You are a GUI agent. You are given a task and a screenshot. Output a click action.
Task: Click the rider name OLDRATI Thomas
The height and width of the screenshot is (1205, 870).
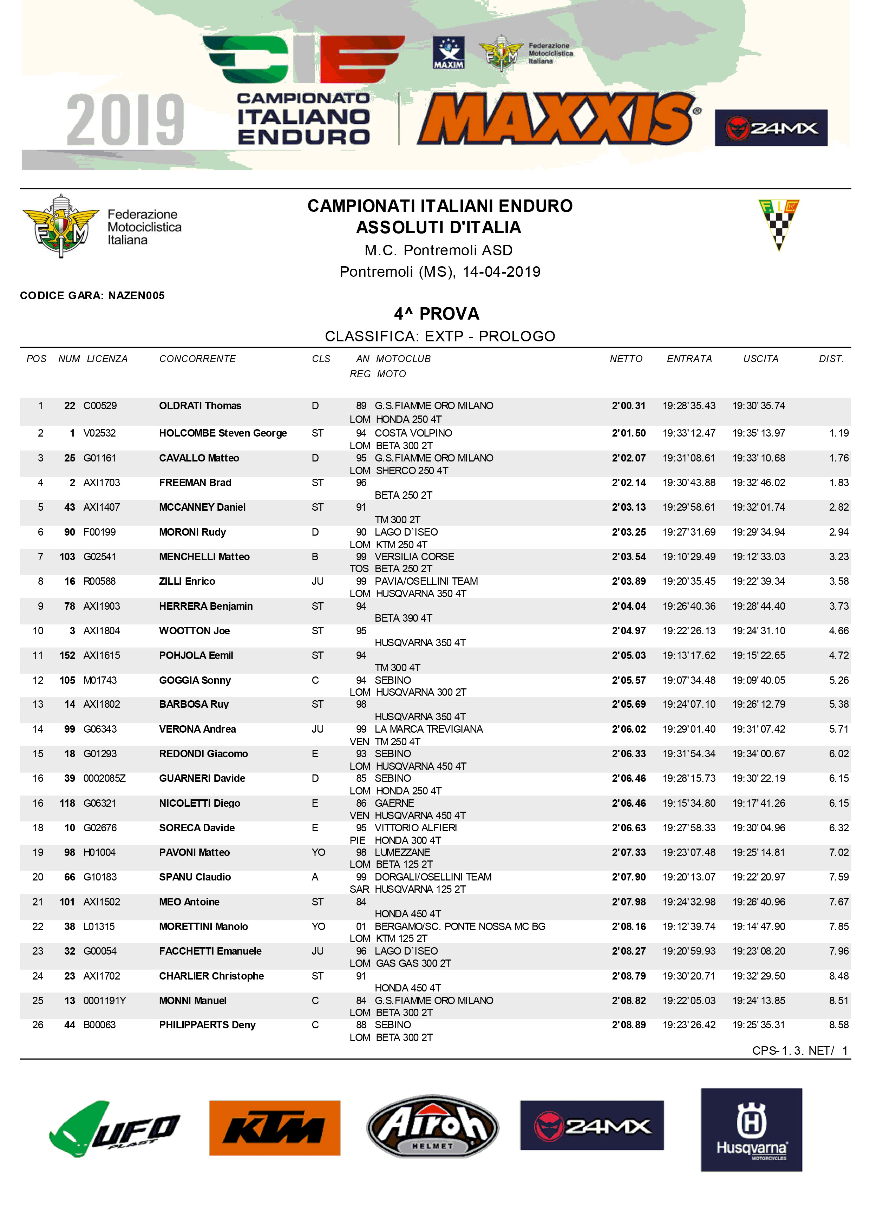(200, 406)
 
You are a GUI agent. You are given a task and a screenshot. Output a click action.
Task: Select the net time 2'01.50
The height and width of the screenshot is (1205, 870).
(628, 433)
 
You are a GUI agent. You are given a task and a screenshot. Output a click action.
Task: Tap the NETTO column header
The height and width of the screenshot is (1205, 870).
(626, 359)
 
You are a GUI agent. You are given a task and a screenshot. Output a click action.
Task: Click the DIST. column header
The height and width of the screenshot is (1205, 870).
(831, 359)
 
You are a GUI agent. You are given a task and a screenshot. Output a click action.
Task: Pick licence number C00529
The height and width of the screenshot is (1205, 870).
(100, 406)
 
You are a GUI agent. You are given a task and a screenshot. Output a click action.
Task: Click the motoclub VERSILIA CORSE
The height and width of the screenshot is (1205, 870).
(414, 557)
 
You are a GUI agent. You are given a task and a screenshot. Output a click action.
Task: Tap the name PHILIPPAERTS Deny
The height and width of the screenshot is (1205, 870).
(207, 1025)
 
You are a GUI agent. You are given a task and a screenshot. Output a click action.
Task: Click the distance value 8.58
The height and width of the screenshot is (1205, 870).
(839, 1025)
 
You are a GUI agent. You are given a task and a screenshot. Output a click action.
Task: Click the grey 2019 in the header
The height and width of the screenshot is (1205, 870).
(125, 120)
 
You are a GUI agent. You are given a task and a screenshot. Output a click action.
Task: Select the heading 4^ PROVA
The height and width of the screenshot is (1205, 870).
(436, 314)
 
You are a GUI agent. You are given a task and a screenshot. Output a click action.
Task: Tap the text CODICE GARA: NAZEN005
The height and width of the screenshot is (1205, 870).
(92, 296)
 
